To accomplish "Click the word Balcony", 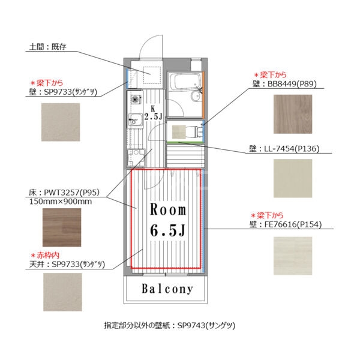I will (x=167, y=289).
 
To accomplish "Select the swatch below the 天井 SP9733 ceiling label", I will (x=62, y=292).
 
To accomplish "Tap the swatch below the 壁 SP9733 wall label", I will (x=61, y=121).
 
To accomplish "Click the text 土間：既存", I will (x=47, y=46).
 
